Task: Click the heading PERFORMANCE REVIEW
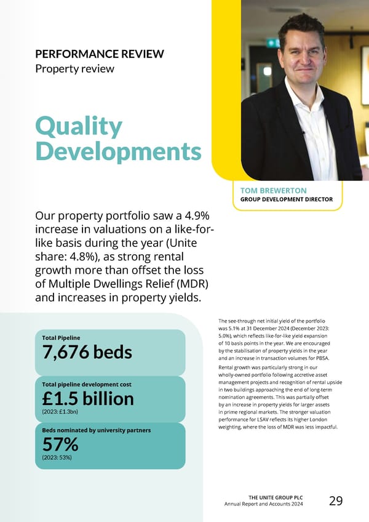[100, 54]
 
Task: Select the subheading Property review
[74, 68]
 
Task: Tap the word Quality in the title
[79, 127]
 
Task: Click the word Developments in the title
[118, 151]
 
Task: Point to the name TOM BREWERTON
[274, 191]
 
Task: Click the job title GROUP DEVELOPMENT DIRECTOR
[286, 199]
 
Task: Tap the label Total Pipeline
[60, 337]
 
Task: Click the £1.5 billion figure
[87, 398]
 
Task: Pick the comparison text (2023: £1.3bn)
[60, 411]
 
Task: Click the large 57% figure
[60, 444]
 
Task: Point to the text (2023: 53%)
[59, 458]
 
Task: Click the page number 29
[336, 501]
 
